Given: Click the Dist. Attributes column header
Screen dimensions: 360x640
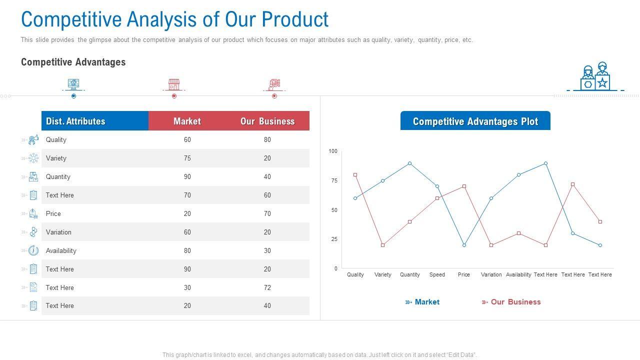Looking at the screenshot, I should point(75,121).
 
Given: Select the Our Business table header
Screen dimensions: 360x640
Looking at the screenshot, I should point(267,121).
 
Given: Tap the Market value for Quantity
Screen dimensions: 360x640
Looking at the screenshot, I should point(187,177).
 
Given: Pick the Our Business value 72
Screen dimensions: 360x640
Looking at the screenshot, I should point(267,288).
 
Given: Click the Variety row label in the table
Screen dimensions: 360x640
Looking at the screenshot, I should point(56,158).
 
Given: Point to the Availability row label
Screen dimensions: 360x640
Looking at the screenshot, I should point(61,251).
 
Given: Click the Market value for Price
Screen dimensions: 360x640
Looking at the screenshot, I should point(187,214).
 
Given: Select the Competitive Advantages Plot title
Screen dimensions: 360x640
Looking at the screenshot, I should point(475,121).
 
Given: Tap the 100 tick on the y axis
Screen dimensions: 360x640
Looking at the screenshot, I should point(333,151).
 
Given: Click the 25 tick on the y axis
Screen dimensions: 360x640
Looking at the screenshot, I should point(334,239).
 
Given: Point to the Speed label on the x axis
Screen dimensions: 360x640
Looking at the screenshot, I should point(437,274).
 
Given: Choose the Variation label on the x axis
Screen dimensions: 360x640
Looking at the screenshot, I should point(491,274).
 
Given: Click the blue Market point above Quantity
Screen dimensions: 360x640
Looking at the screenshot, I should point(410,163).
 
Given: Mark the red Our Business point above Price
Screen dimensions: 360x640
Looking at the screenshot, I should point(464,186).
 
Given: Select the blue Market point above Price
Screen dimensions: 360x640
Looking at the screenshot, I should point(464,245).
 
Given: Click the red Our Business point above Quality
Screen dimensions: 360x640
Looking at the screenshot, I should point(355,175).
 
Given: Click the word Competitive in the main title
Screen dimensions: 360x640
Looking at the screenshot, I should point(71,19).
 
